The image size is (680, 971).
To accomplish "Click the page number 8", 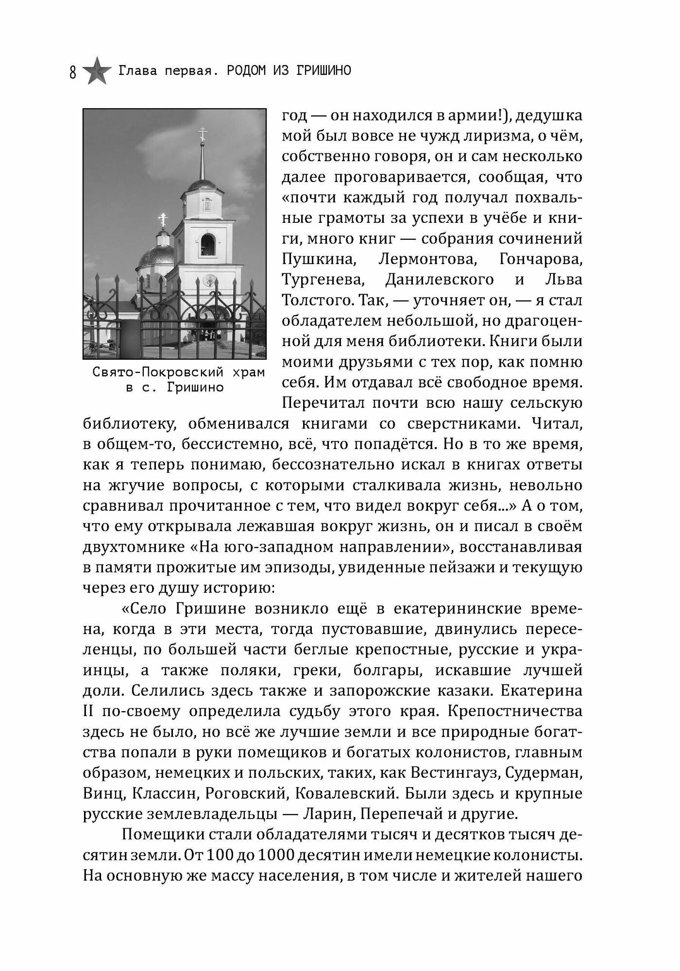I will pos(73,73).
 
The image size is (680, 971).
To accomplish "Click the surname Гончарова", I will pos(541,259).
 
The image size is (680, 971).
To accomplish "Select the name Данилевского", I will pos(439,280).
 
